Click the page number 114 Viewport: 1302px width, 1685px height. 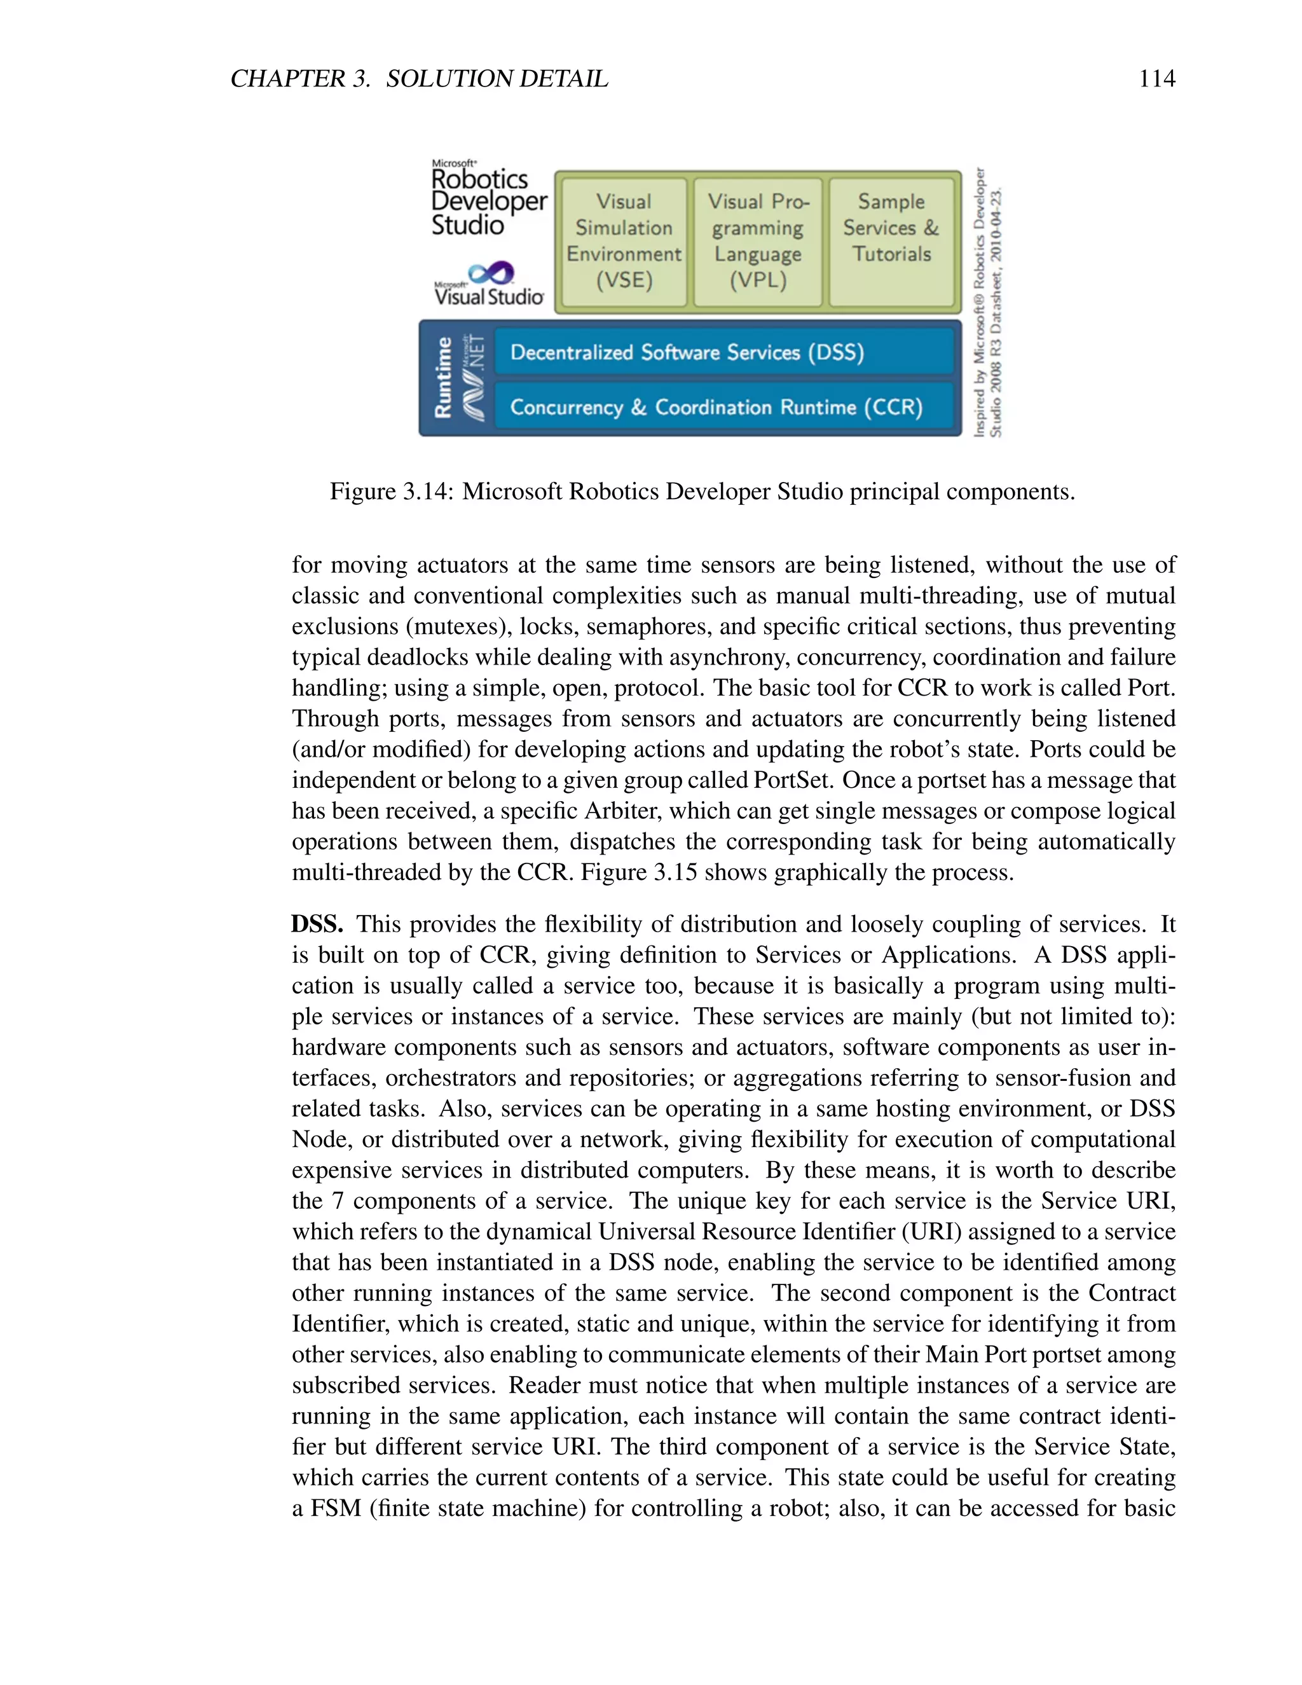coord(1156,79)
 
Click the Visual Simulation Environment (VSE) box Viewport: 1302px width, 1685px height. coord(624,242)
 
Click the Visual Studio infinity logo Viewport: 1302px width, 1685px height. coord(491,272)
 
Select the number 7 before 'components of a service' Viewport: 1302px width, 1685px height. coord(338,1201)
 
